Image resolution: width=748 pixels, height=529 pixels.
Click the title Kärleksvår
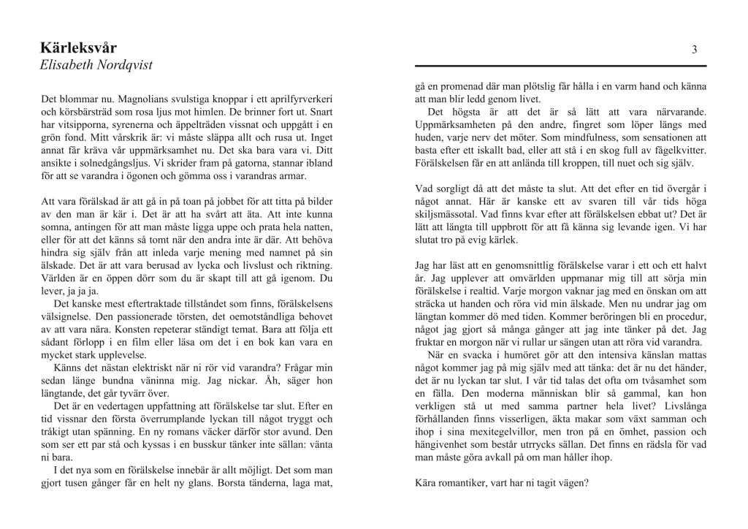(79, 48)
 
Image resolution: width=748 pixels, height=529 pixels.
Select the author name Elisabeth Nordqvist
(96, 65)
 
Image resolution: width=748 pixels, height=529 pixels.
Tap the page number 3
(694, 49)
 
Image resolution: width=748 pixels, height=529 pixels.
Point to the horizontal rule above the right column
(560, 66)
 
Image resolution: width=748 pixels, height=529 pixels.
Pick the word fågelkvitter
(663, 151)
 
